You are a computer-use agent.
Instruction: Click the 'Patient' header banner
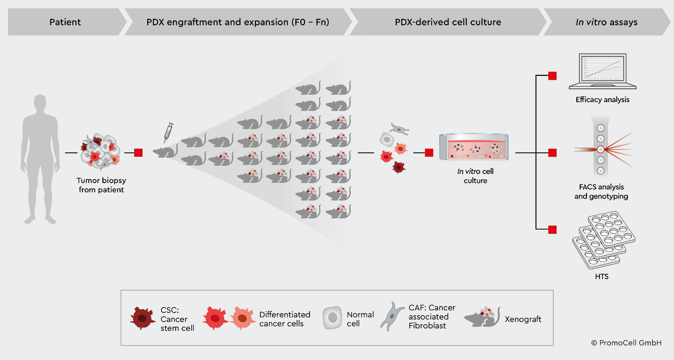pos(65,22)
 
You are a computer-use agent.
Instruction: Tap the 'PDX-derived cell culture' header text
pos(448,22)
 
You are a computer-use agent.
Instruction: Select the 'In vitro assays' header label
pos(606,22)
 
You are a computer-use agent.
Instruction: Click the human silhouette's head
pos(40,102)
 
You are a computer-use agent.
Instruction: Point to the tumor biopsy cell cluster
pos(100,151)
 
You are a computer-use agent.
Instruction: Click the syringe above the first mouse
pos(168,132)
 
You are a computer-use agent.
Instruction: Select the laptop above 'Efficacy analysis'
pos(602,71)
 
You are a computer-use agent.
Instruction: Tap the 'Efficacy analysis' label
pos(602,99)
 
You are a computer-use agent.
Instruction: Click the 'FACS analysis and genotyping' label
pos(601,191)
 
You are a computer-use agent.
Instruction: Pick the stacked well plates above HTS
pos(603,240)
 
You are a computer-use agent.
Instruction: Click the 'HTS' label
pos(602,276)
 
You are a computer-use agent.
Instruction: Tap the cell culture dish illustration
pos(474,147)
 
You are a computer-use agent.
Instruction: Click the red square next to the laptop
pos(552,76)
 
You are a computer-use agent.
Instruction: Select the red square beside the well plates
pos(552,230)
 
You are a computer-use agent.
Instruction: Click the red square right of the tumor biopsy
pos(138,153)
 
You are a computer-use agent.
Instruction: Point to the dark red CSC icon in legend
pos(142,318)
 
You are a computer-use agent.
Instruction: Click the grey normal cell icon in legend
pos(332,318)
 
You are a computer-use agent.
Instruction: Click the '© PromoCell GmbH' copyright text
pos(626,343)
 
